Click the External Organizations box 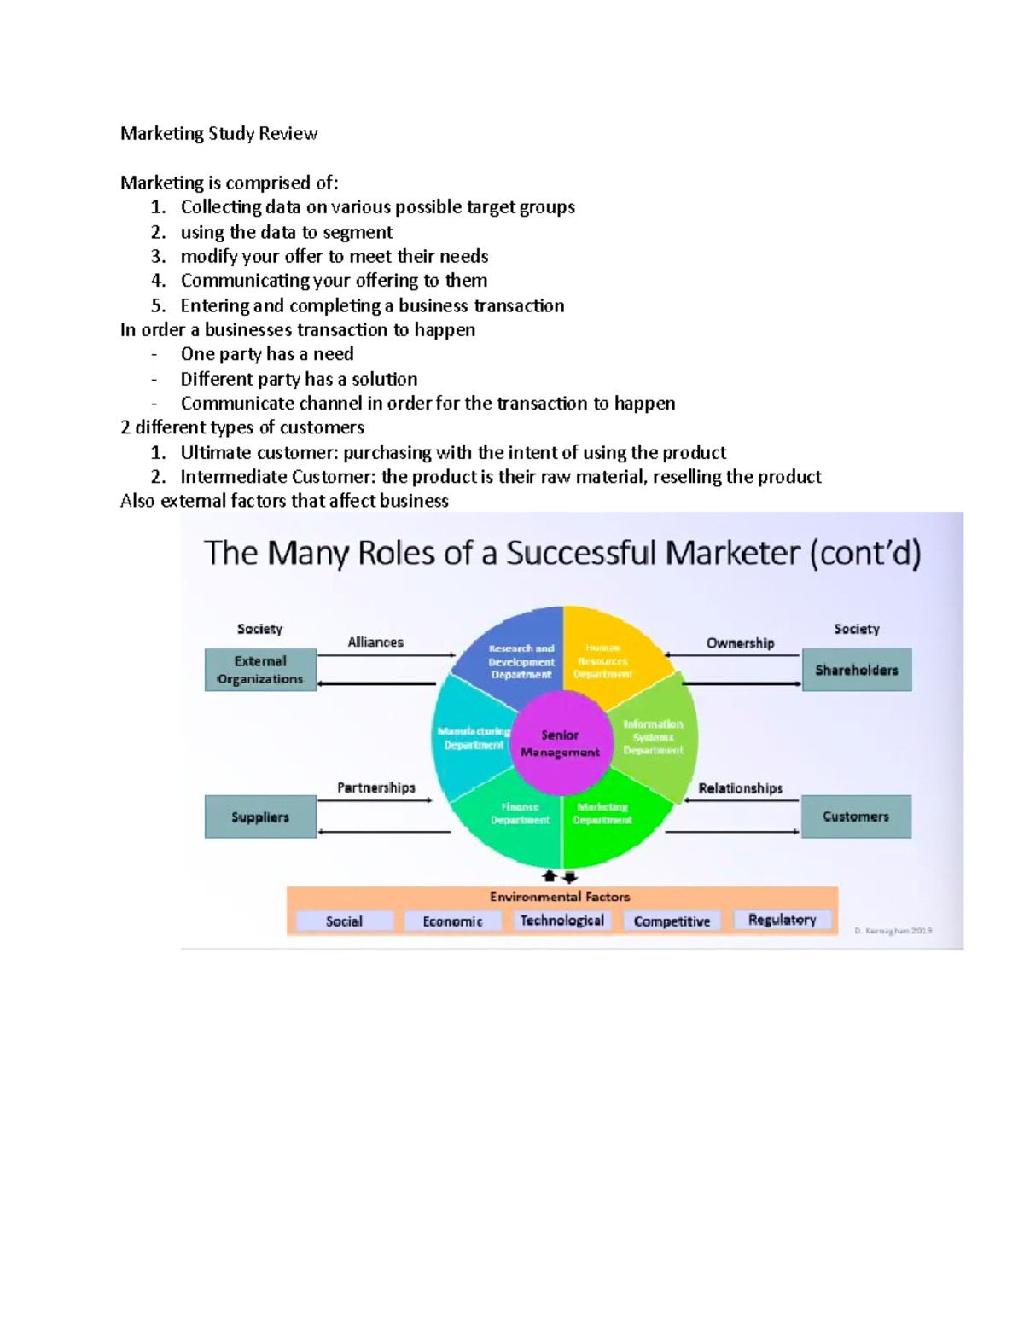[260, 670]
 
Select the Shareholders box [856, 670]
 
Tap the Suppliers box [260, 817]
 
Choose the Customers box [856, 817]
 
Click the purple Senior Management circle [561, 743]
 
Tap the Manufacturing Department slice [472, 739]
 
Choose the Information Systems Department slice [653, 736]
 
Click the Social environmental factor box [344, 921]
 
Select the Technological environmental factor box [561, 921]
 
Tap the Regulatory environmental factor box [782, 920]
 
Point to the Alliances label [375, 642]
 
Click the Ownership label [740, 643]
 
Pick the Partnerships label [375, 787]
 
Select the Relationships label [740, 788]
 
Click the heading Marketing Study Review [218, 134]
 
